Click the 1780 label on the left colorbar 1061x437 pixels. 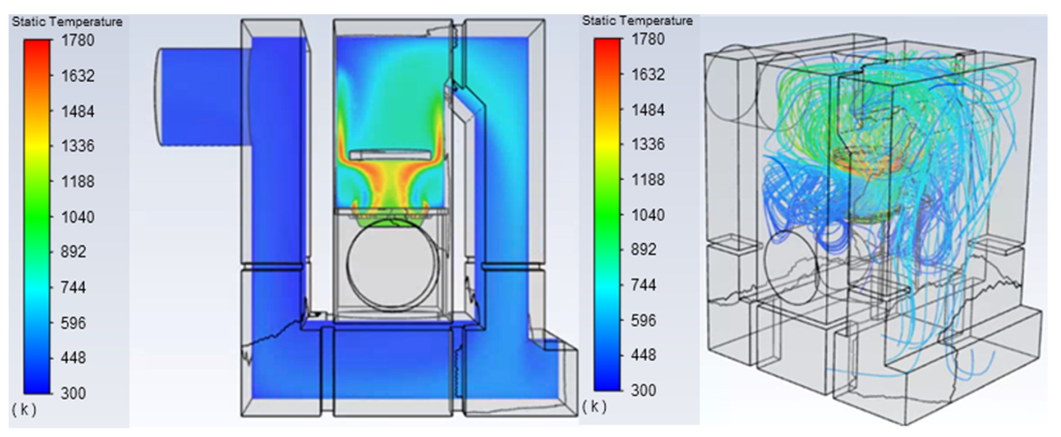click(78, 40)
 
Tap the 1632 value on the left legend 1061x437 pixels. click(78, 76)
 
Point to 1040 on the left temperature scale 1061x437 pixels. click(78, 217)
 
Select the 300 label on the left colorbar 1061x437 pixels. click(73, 393)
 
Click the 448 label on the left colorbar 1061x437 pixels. click(73, 358)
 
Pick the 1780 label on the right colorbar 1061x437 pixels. click(648, 39)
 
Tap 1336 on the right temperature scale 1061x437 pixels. click(648, 144)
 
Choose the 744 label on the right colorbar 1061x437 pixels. click(644, 285)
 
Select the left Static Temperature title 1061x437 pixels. click(67, 21)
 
